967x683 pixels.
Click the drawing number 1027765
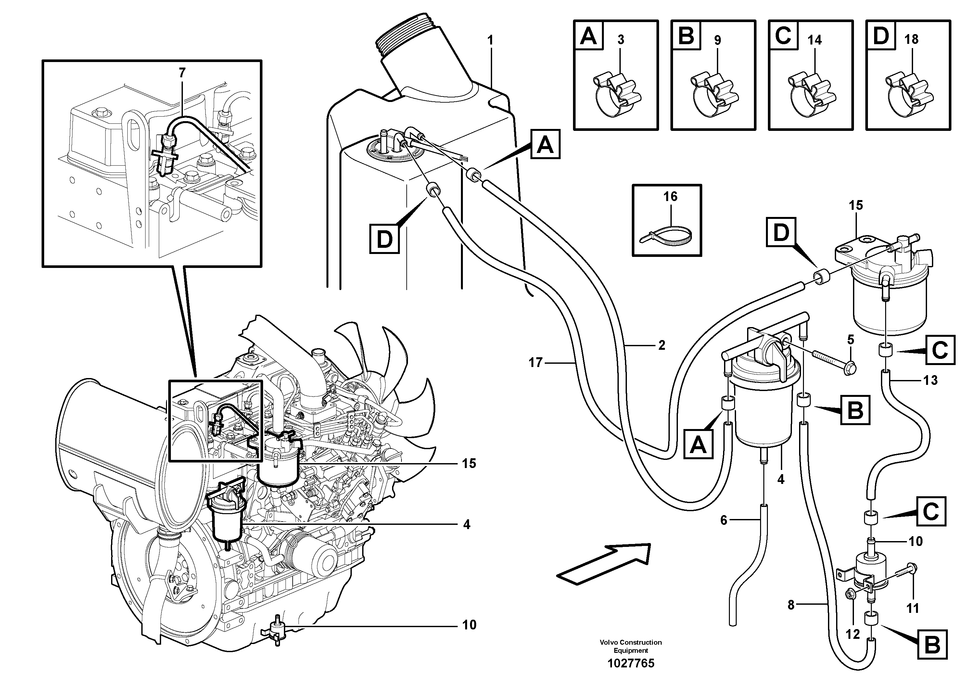[630, 664]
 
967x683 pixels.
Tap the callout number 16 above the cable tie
[670, 196]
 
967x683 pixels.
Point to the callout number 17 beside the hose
[535, 362]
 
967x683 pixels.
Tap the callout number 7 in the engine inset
[182, 73]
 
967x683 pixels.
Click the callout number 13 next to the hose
[930, 381]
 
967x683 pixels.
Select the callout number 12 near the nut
[852, 634]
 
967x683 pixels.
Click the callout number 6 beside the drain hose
[724, 521]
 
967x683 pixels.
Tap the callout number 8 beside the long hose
[791, 605]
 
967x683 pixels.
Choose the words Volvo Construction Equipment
[630, 646]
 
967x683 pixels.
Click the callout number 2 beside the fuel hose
[661, 345]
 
